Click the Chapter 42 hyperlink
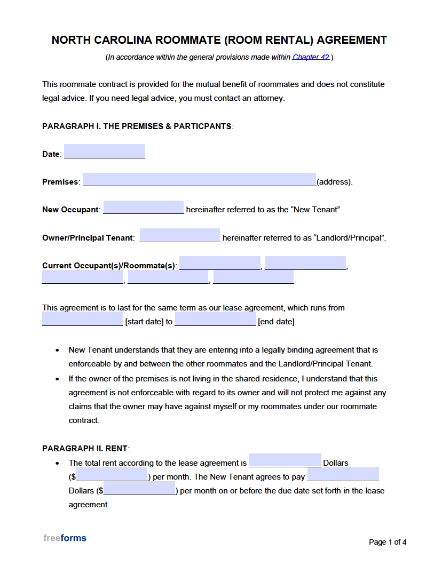311,57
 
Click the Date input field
105,152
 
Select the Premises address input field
200,180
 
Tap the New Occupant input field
143,208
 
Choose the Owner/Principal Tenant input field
179,235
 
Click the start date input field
82,319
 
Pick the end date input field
215,319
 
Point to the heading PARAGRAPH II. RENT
85,449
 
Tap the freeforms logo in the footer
65,538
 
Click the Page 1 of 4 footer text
388,542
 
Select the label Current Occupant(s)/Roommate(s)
109,266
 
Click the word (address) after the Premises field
334,182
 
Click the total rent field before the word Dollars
285,460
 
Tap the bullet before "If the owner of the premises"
58,379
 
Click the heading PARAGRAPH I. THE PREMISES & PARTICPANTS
137,126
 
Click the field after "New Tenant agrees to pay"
343,474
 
